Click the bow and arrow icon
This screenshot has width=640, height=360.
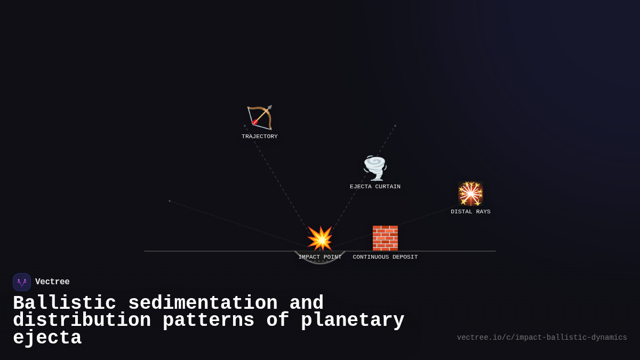260,118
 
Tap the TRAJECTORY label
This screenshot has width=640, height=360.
260,137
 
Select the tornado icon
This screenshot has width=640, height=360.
375,168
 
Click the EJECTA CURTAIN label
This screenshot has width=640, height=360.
375,187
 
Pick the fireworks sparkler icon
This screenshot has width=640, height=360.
470,193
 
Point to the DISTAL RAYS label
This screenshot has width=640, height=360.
470,212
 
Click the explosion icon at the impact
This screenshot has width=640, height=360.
320,238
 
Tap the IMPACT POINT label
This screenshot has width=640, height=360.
320,257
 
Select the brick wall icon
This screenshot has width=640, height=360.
385,238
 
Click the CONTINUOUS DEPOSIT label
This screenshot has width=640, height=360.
385,257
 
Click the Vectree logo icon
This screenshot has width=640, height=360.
22,282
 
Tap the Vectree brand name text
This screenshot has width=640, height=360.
52,282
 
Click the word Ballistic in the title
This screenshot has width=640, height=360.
65,303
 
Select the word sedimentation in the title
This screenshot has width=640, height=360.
203,303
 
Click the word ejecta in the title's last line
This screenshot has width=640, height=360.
47,338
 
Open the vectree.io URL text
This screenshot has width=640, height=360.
542,338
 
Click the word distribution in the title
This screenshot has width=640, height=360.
82,321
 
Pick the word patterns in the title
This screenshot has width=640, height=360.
208,321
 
